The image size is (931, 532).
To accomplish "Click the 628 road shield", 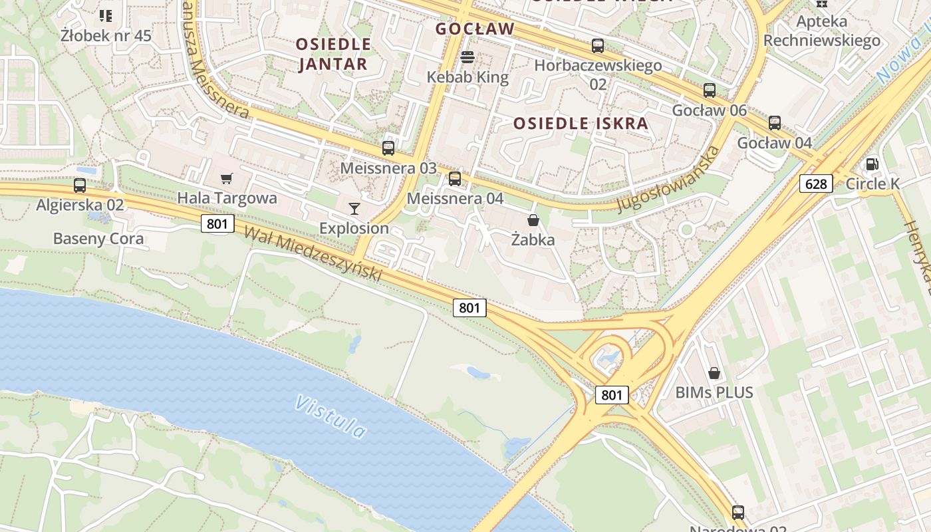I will pyautogui.click(x=816, y=184).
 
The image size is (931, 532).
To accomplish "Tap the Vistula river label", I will pyautogui.click(x=331, y=417).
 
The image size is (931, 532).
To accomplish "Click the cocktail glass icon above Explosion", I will pyautogui.click(x=354, y=209).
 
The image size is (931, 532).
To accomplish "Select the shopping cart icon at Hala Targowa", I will pyautogui.click(x=227, y=178).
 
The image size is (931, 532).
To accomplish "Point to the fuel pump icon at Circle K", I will pyautogui.click(x=872, y=164).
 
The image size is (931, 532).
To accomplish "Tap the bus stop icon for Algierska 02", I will pyautogui.click(x=80, y=186).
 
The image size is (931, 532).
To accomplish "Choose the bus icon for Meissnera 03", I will pyautogui.click(x=388, y=148).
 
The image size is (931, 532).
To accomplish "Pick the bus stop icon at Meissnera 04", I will pyautogui.click(x=455, y=178).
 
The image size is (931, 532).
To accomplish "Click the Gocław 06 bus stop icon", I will pyautogui.click(x=710, y=90).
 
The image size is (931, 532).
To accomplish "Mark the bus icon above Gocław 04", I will pyautogui.click(x=775, y=123).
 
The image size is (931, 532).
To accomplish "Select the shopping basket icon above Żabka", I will pyautogui.click(x=533, y=220).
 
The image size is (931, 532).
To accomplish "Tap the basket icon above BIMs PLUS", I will pyautogui.click(x=714, y=372).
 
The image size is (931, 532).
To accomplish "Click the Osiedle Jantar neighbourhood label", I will pyautogui.click(x=333, y=54).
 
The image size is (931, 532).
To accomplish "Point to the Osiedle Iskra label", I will pyautogui.click(x=581, y=123).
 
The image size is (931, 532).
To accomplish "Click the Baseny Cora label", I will pyautogui.click(x=98, y=238).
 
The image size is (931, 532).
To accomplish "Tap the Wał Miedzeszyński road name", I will pyautogui.click(x=313, y=253).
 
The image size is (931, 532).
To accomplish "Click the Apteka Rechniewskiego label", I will pyautogui.click(x=822, y=31).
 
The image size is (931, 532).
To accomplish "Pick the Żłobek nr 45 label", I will pyautogui.click(x=106, y=35).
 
